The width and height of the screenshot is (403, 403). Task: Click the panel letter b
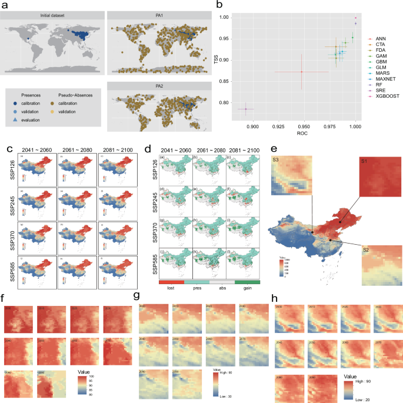(x=219, y=6)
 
